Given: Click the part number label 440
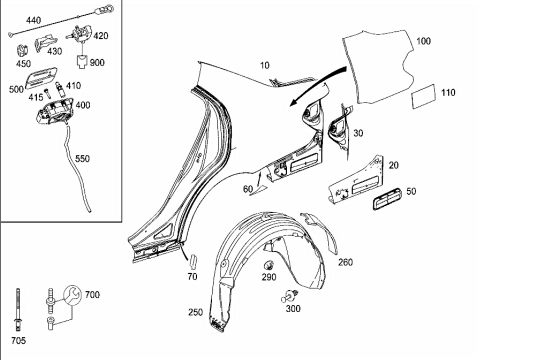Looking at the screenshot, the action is [34, 20].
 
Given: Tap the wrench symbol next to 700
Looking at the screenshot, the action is [72, 295].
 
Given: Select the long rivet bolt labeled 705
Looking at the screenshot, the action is [18, 310].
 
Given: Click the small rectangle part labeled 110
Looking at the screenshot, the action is [423, 96].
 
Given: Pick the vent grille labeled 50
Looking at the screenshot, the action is [387, 199].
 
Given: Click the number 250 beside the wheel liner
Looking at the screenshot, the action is [195, 312].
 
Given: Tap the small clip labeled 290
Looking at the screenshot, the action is [269, 265].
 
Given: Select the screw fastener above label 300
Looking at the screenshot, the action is [290, 297].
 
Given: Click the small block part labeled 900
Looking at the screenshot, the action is [82, 62].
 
